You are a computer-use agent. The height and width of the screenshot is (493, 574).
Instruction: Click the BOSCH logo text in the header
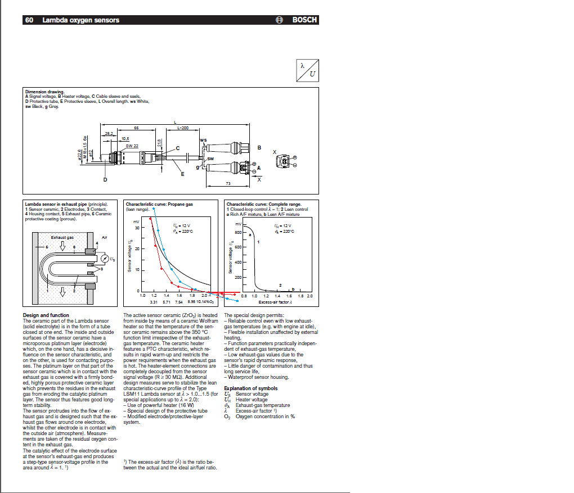click(304, 20)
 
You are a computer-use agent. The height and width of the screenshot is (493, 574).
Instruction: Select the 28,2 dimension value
click(108, 133)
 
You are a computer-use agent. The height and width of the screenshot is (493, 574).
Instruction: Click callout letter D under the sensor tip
click(105, 180)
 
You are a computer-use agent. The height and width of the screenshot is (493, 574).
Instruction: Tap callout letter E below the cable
click(182, 174)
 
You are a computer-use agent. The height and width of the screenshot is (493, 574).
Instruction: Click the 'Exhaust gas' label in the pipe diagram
click(62, 237)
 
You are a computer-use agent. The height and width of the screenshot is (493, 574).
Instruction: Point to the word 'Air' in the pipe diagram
click(104, 237)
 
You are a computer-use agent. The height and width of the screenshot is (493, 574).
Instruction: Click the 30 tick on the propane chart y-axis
click(136, 228)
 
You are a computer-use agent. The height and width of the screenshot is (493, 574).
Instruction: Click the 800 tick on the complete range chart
click(237, 232)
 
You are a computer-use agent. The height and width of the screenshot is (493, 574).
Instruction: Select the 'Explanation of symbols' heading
click(250, 388)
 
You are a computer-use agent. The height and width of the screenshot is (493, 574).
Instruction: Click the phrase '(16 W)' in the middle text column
click(186, 405)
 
